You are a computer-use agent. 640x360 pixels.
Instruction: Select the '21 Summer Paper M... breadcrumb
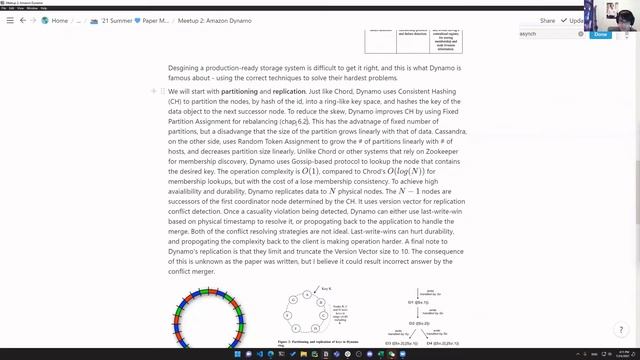tap(123, 20)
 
